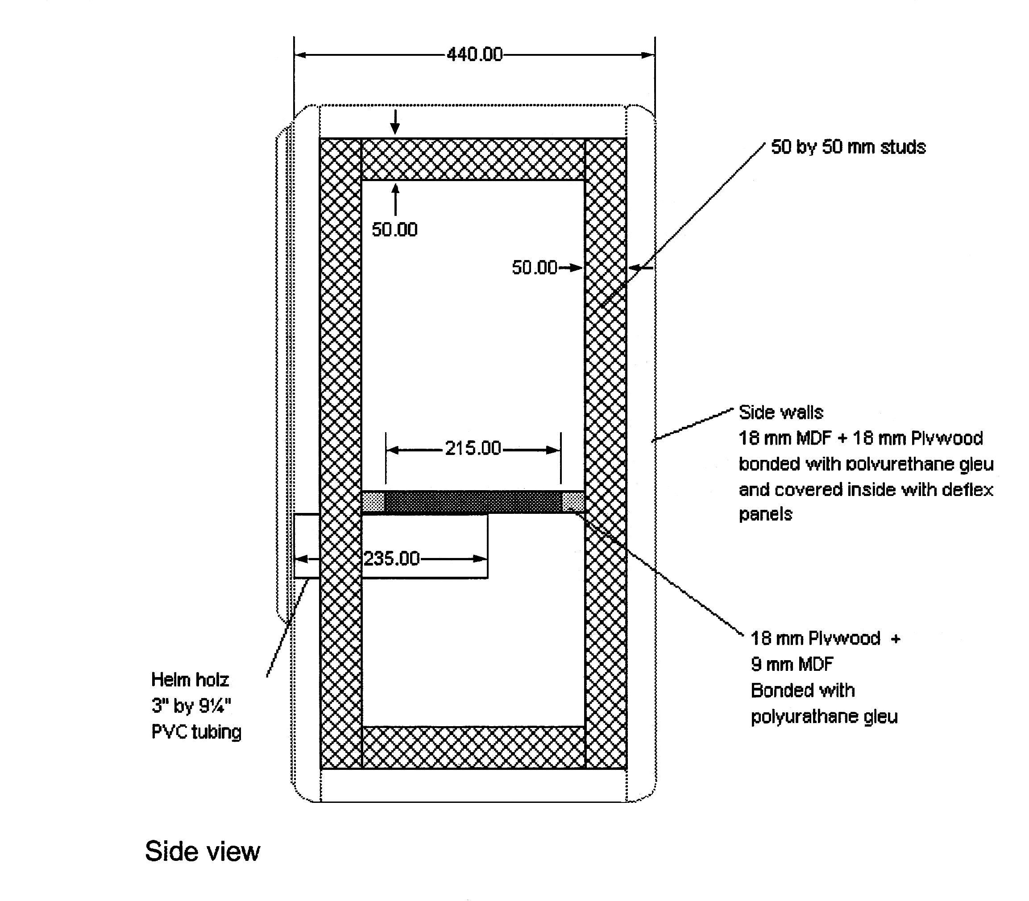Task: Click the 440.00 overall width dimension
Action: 474,54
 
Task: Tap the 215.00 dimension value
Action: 473,448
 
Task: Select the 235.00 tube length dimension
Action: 391,558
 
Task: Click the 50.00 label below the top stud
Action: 394,230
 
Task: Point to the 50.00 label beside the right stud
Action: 534,268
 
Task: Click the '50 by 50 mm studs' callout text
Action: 848,147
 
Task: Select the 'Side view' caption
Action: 202,851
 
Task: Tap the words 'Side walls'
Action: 780,412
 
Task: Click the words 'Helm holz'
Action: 190,680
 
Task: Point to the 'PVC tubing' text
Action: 196,732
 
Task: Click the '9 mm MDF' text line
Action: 792,664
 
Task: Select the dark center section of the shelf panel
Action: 473,502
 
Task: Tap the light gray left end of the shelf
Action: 373,502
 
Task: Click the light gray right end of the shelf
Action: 573,502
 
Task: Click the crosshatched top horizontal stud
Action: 473,159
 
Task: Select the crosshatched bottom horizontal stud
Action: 473,747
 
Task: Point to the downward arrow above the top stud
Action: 395,122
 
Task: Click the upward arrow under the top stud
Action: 395,199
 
